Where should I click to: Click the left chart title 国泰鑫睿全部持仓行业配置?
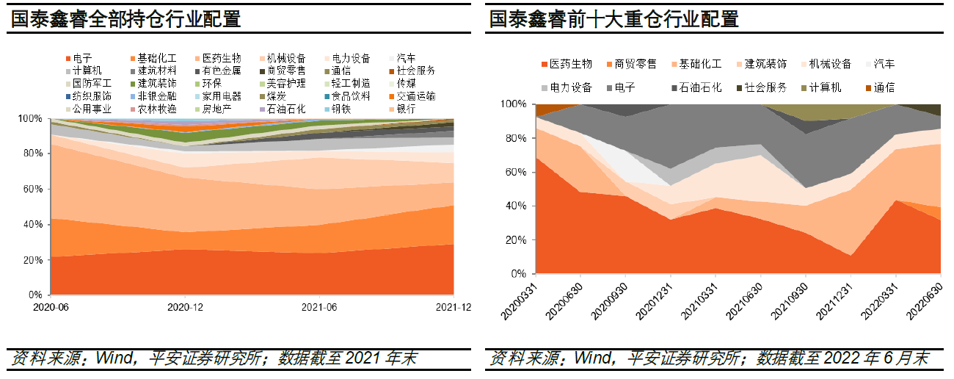pyautogui.click(x=126, y=19)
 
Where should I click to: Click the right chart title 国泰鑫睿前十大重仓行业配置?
pyautogui.click(x=614, y=19)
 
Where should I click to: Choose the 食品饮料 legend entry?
pyautogui.click(x=346, y=96)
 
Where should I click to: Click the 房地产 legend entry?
pyautogui.click(x=217, y=109)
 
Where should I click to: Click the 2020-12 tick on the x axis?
pyautogui.click(x=186, y=307)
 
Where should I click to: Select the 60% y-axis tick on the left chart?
pyautogui.click(x=33, y=189)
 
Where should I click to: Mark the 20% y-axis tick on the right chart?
pyautogui.click(x=517, y=240)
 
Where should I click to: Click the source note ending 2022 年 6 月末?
pyautogui.click(x=710, y=358)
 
